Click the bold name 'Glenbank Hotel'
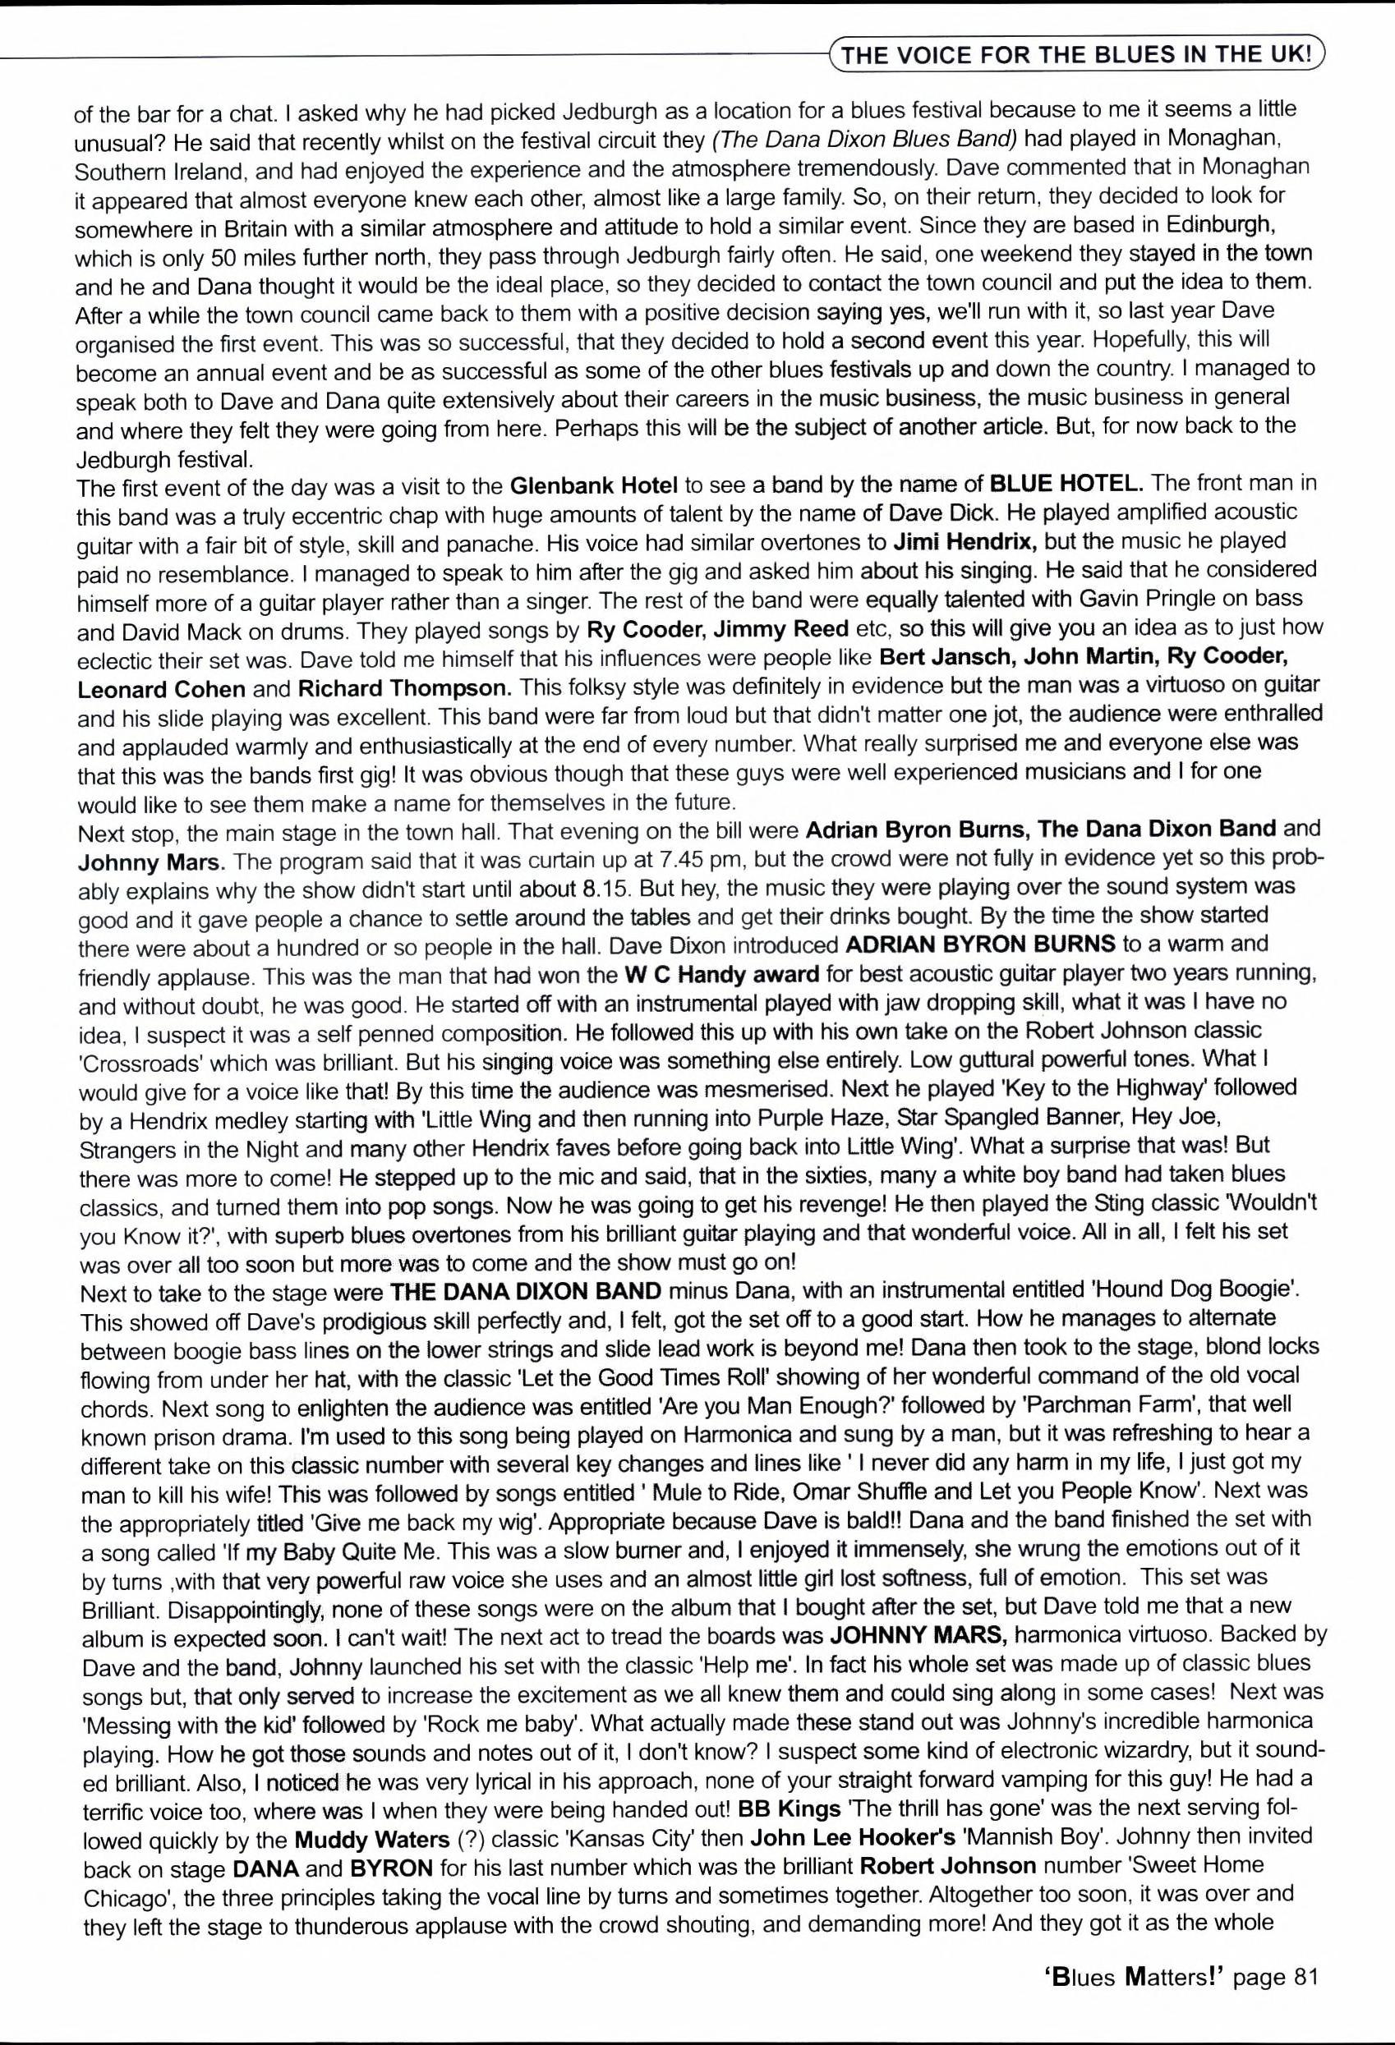pos(594,484)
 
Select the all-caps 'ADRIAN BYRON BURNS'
pos(979,944)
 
